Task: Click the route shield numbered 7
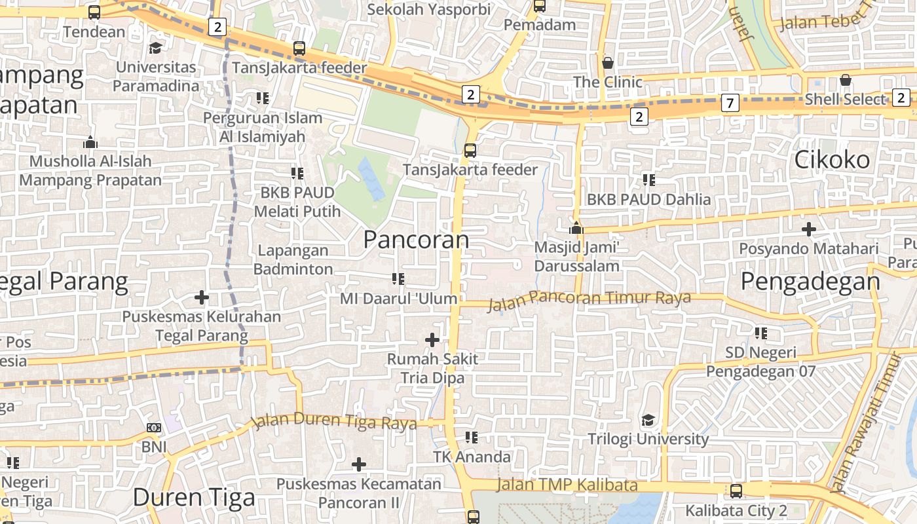(x=730, y=103)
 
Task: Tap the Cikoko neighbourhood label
(x=832, y=160)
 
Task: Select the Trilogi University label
(x=648, y=439)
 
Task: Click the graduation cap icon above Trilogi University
(x=648, y=420)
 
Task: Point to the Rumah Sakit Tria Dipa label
(x=432, y=368)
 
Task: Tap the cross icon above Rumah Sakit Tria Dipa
(x=432, y=340)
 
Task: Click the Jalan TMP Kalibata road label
(x=567, y=485)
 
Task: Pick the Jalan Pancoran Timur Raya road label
(x=589, y=299)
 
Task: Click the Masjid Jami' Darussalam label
(x=576, y=257)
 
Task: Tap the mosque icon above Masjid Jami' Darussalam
(x=576, y=228)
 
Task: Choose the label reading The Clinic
(x=608, y=82)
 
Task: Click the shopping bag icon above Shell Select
(x=846, y=81)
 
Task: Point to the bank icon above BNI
(x=154, y=428)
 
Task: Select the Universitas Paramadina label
(x=155, y=76)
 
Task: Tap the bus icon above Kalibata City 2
(x=736, y=491)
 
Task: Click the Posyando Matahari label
(x=809, y=249)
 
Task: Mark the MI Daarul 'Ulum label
(x=398, y=299)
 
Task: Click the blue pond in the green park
(x=371, y=178)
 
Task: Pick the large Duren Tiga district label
(x=194, y=498)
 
